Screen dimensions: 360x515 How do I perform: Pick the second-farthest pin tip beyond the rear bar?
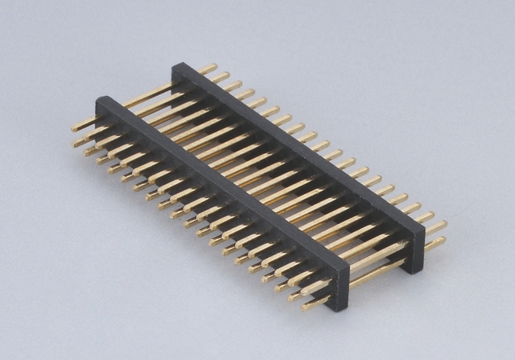pos(224,75)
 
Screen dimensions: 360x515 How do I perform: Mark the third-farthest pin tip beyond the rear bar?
pos(236,83)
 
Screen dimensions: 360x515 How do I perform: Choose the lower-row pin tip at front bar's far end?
pos(76,144)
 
